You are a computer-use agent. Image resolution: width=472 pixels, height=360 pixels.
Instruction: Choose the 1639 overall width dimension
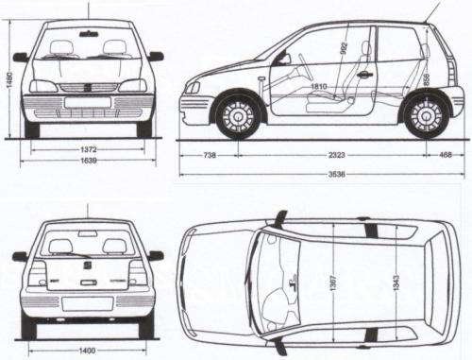click(91, 162)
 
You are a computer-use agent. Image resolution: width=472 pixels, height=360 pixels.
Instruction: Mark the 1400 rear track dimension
click(89, 351)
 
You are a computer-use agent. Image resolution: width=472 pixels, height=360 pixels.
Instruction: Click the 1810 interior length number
click(318, 86)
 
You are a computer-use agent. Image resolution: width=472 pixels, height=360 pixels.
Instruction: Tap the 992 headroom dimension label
click(343, 47)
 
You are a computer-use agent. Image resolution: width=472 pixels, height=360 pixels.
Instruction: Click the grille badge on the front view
click(90, 87)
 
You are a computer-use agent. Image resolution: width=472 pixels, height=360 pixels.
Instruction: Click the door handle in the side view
click(363, 74)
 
